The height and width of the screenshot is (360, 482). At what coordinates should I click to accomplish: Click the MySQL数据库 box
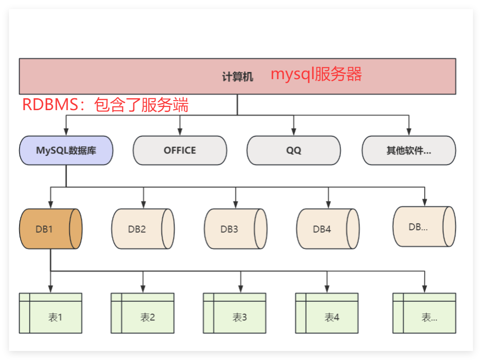point(66,150)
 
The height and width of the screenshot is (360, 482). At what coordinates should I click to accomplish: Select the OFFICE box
point(180,150)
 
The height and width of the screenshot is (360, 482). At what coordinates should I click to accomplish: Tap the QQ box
point(294,150)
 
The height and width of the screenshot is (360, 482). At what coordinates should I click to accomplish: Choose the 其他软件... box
point(409,150)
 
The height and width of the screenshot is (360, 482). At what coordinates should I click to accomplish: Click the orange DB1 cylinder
point(51,229)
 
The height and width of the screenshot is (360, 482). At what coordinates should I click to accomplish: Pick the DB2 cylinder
point(143,229)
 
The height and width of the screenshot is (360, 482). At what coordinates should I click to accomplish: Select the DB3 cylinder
point(235,229)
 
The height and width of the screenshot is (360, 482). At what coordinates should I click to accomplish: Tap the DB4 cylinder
point(328,229)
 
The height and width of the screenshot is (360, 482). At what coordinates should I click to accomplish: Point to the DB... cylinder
point(424,226)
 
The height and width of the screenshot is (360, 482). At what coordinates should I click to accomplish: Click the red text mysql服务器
point(316,74)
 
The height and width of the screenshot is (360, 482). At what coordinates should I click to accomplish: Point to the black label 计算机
point(237,77)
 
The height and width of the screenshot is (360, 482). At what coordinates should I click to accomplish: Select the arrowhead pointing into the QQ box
point(294,132)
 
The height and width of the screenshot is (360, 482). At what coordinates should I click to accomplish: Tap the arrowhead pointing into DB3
point(235,205)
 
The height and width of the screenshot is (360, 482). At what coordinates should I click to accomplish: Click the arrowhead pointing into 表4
point(327,289)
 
